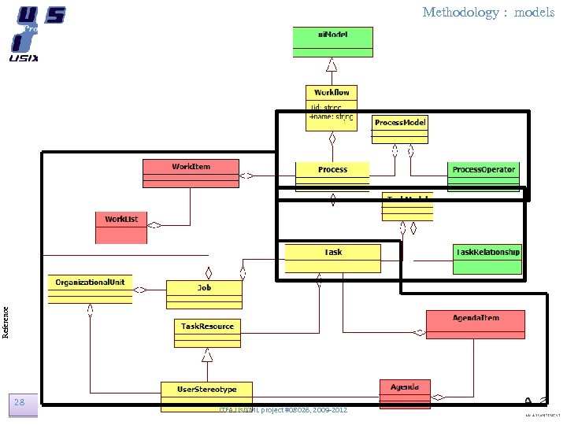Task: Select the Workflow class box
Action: [x=332, y=103]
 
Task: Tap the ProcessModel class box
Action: [x=400, y=128]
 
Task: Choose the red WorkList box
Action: [x=126, y=223]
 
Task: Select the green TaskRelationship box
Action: [x=487, y=259]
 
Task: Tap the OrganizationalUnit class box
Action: [x=90, y=287]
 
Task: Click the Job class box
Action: [x=204, y=293]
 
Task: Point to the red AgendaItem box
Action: [x=474, y=323]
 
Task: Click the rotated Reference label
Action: [x=6, y=321]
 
